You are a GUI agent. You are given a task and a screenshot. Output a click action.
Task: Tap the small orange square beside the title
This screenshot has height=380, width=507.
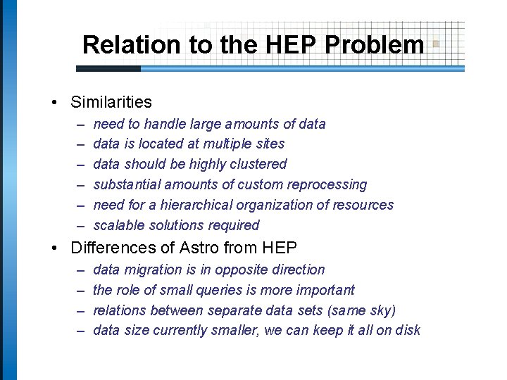point(436,44)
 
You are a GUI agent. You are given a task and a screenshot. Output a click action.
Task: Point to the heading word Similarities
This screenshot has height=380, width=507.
point(111,102)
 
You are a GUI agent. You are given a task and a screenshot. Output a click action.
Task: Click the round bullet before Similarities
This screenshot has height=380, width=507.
point(55,103)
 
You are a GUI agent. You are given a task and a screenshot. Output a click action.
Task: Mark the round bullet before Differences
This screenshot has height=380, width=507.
point(55,248)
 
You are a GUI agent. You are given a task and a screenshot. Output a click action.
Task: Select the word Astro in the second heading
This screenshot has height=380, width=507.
point(219,248)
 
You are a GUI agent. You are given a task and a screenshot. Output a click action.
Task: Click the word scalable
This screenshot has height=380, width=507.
point(117,225)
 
